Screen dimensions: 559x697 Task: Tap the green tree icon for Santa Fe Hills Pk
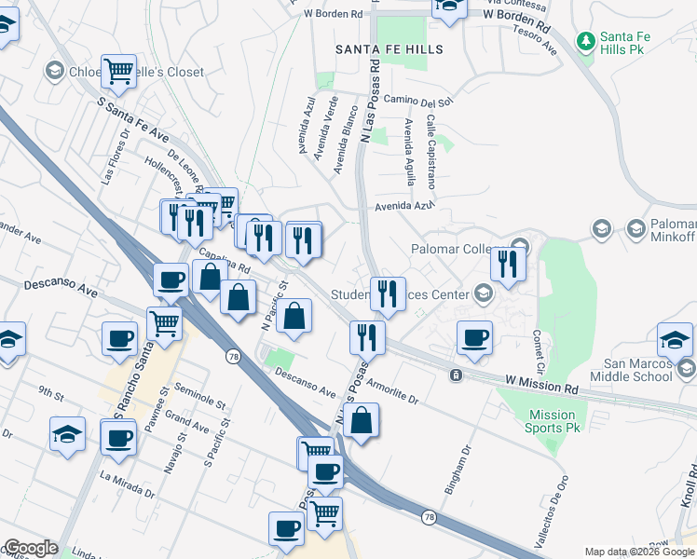pyautogui.click(x=586, y=41)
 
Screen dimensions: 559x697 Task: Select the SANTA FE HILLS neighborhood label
pyautogui.click(x=390, y=48)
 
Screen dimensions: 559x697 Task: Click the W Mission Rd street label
pyautogui.click(x=541, y=382)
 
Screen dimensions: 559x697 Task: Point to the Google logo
pyautogui.click(x=30, y=549)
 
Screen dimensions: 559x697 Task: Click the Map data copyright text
pyautogui.click(x=638, y=552)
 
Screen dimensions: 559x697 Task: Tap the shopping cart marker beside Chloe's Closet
pyautogui.click(x=119, y=72)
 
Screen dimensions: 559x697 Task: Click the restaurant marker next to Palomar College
pyautogui.click(x=508, y=264)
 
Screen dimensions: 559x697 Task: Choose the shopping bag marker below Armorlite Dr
pyautogui.click(x=362, y=420)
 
